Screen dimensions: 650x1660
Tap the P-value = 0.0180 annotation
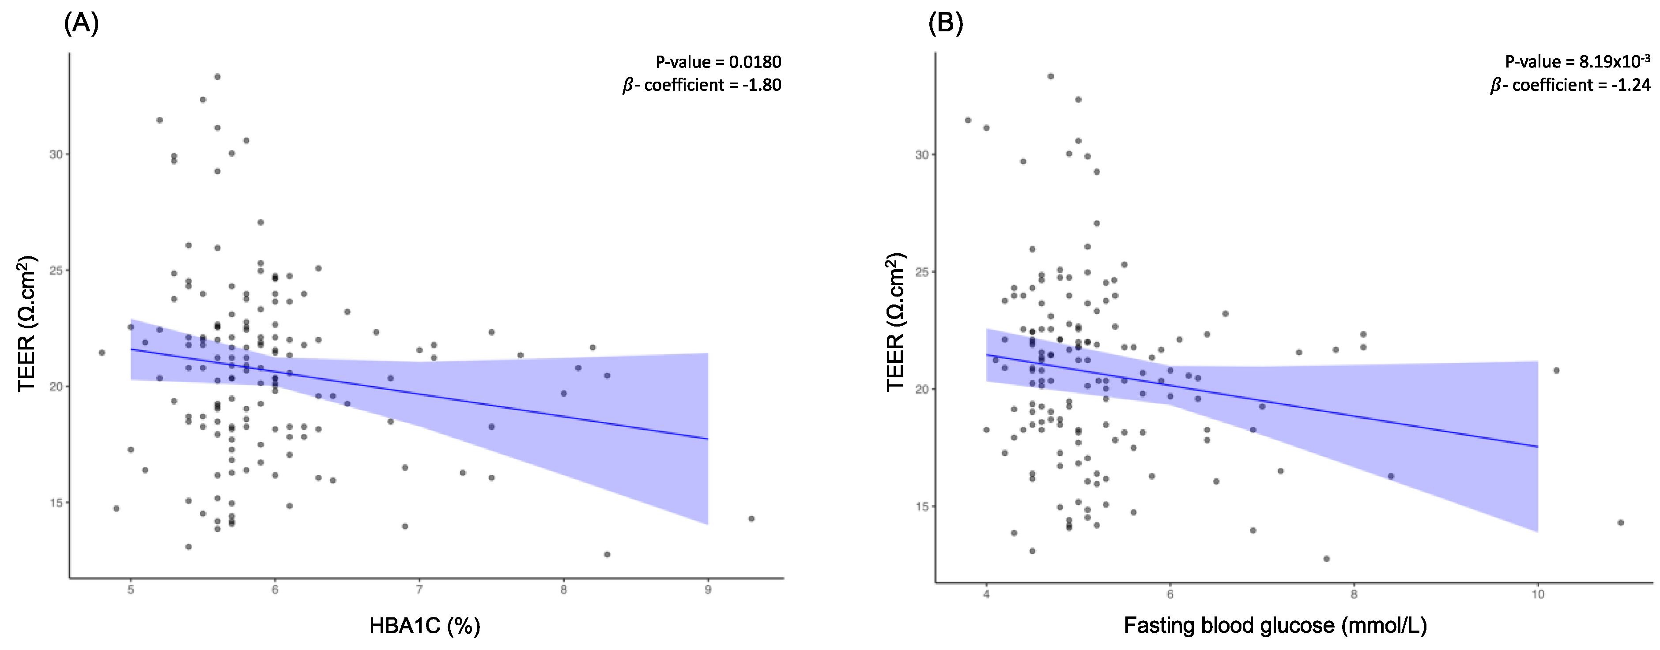pos(718,63)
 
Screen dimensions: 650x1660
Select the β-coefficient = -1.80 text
pos(702,85)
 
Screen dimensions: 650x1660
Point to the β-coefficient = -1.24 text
pos(1570,85)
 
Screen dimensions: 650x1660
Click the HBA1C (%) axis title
pos(425,626)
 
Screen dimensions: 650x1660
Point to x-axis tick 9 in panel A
pos(708,590)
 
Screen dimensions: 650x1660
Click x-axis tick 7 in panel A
pos(419,590)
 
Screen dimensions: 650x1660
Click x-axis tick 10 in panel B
pos(1538,594)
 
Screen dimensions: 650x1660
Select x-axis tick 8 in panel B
pos(1354,594)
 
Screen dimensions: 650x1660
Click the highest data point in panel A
pos(217,77)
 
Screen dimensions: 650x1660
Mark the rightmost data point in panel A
pos(751,518)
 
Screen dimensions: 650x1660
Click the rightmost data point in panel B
pos(1621,522)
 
